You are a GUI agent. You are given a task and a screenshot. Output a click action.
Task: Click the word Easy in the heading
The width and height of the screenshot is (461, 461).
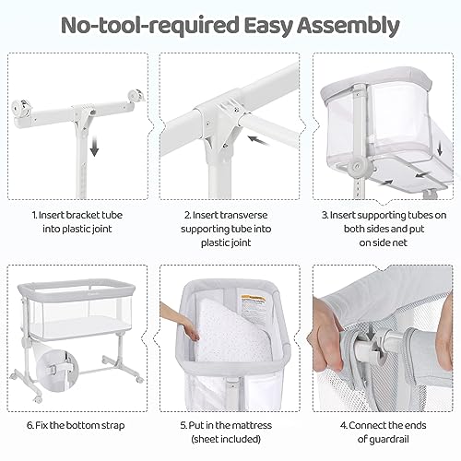coord(277,25)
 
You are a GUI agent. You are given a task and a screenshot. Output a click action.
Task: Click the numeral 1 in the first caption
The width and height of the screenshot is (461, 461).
coord(33,215)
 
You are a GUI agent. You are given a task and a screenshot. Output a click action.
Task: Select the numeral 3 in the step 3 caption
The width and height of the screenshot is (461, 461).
coord(324,215)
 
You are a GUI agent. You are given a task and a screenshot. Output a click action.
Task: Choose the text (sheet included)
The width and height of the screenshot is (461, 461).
coord(229,442)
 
